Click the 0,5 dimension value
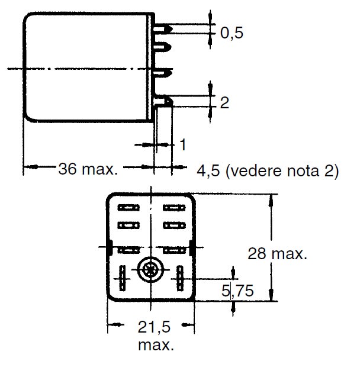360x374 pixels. pyautogui.click(x=232, y=33)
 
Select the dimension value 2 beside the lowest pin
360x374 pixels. pyautogui.click(x=224, y=103)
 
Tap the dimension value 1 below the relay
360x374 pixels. pyautogui.click(x=183, y=144)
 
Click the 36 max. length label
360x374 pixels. pyautogui.click(x=88, y=170)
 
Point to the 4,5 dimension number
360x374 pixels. pyautogui.click(x=208, y=171)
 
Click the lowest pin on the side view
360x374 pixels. pyautogui.click(x=166, y=101)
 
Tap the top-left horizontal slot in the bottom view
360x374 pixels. pyautogui.click(x=128, y=208)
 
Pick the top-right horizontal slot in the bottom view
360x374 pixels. pyautogui.click(x=173, y=208)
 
